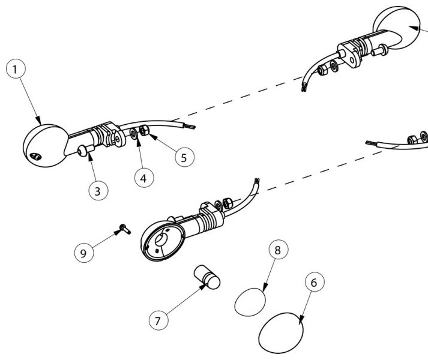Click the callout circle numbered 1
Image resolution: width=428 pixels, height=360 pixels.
[16, 69]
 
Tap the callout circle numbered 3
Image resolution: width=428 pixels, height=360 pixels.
[98, 191]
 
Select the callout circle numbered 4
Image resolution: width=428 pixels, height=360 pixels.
[144, 178]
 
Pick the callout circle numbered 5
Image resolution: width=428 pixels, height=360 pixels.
[184, 157]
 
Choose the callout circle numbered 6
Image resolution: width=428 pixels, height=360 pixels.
[315, 282]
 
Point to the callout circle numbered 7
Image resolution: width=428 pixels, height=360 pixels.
[158, 320]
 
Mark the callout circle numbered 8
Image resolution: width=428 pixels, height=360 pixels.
[278, 250]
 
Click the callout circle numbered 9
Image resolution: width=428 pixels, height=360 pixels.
[84, 253]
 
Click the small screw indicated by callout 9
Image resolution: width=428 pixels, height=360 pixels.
[125, 229]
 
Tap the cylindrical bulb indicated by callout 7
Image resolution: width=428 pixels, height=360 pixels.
[207, 277]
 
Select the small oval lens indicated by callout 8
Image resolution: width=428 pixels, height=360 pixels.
[250, 302]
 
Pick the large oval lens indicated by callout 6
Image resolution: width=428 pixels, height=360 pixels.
[281, 333]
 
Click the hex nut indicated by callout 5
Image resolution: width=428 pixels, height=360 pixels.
[144, 130]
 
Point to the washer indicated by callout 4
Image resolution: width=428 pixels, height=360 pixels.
[134, 134]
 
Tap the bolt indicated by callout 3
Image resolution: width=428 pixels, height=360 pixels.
[86, 151]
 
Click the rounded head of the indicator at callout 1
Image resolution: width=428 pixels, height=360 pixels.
[46, 145]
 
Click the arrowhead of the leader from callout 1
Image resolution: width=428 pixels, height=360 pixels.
[39, 121]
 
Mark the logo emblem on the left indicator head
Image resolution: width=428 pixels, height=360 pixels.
[36, 157]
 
